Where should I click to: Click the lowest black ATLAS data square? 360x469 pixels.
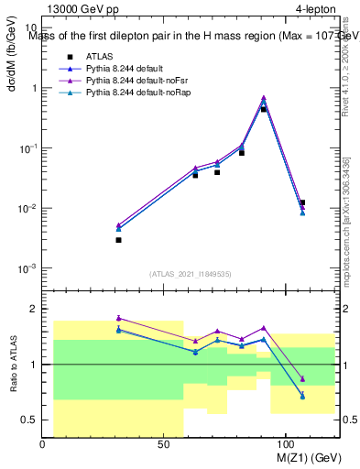coord(119,240)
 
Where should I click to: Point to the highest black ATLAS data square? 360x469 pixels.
coord(264,109)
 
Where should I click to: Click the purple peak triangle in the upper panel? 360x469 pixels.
coord(264,97)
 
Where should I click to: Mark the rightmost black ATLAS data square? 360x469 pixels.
coord(302,202)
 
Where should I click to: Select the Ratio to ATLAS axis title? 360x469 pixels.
coord(12,363)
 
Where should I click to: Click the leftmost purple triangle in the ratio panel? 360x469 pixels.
coord(119,318)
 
